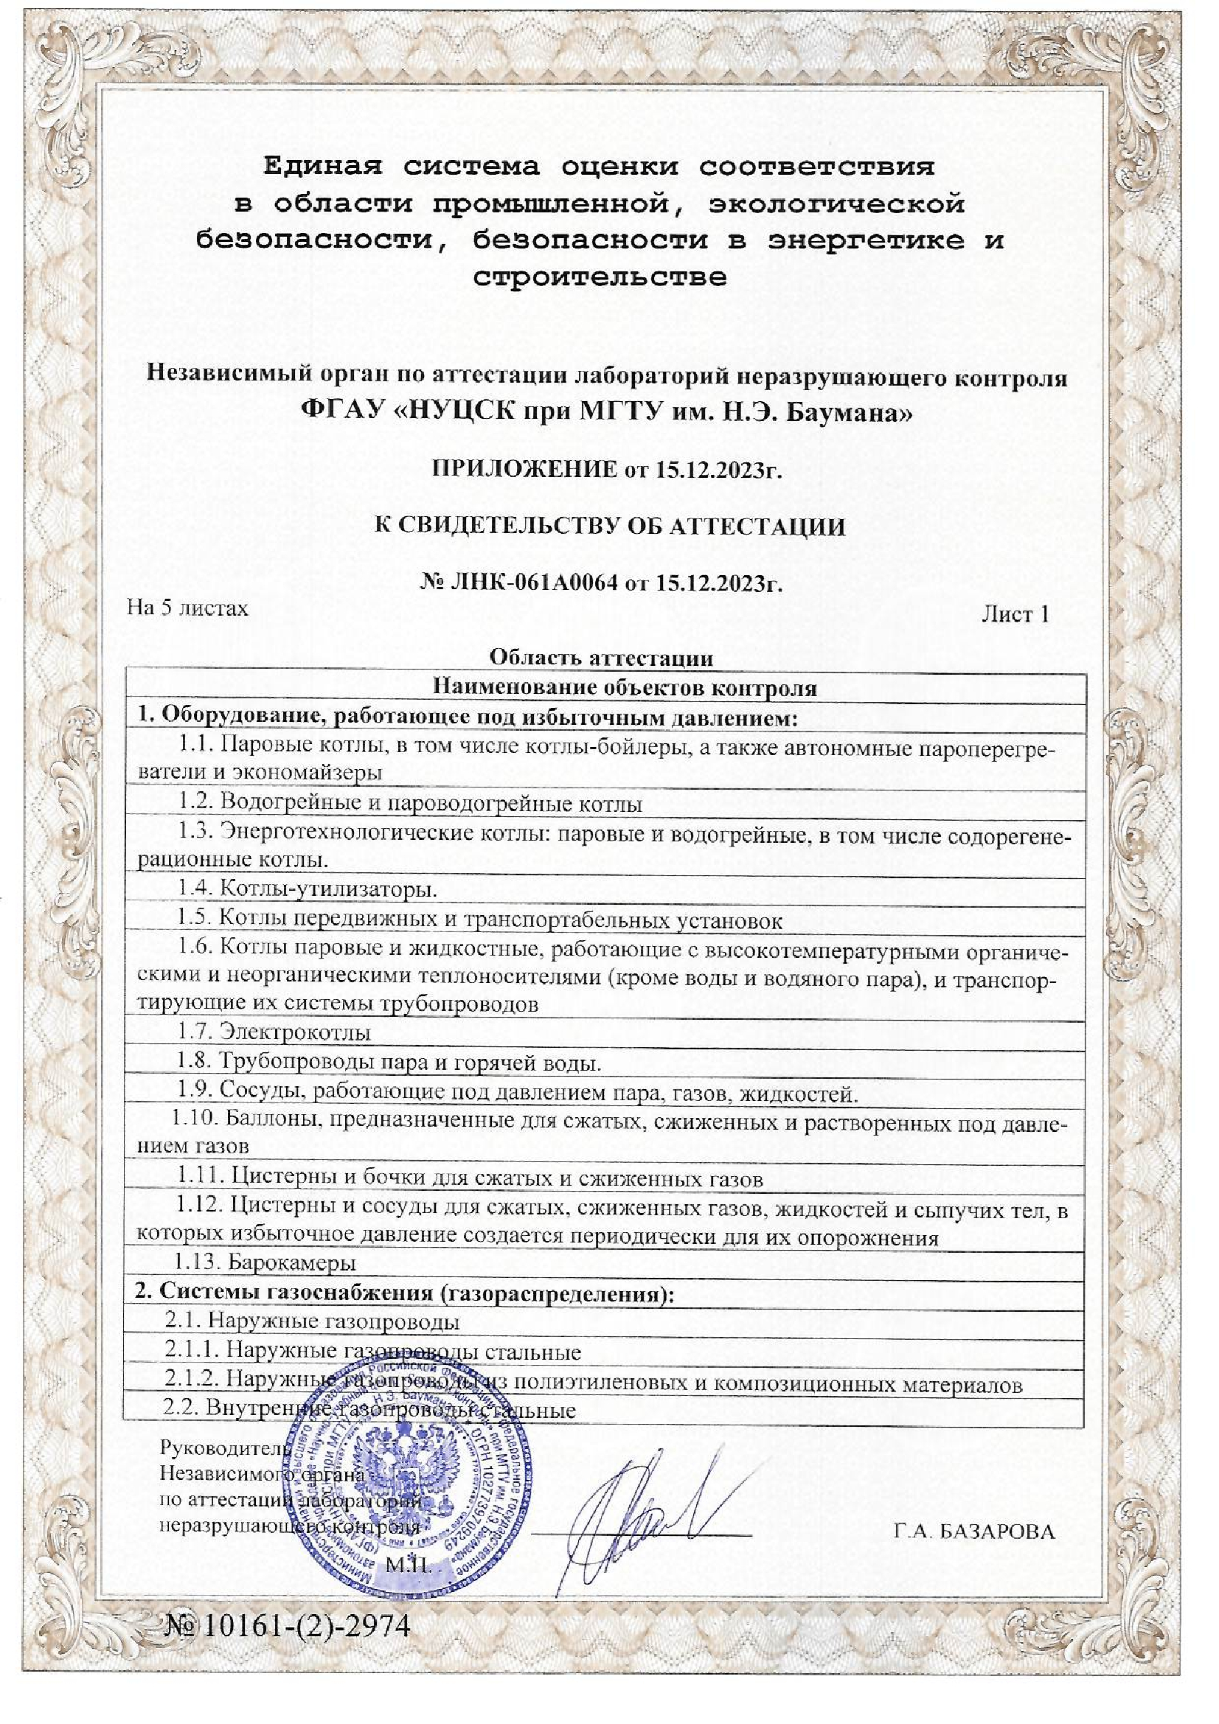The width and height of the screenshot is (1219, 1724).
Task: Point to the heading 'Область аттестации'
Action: (x=601, y=658)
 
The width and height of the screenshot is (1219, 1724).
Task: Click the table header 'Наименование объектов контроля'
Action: (x=624, y=687)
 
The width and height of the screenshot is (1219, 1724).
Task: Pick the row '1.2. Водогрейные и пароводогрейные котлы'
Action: (x=409, y=804)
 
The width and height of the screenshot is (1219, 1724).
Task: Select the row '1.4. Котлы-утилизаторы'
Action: (x=308, y=889)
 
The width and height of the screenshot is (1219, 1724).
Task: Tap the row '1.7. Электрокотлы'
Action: (x=274, y=1032)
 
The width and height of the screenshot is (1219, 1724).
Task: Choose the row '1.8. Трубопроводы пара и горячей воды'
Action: (x=389, y=1063)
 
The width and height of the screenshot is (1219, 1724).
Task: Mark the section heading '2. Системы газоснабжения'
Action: (x=405, y=1294)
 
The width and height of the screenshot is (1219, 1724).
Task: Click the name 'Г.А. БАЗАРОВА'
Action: (x=974, y=1531)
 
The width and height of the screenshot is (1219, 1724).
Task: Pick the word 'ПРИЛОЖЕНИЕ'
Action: (x=525, y=470)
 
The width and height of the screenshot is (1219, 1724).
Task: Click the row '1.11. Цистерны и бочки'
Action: (x=470, y=1178)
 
